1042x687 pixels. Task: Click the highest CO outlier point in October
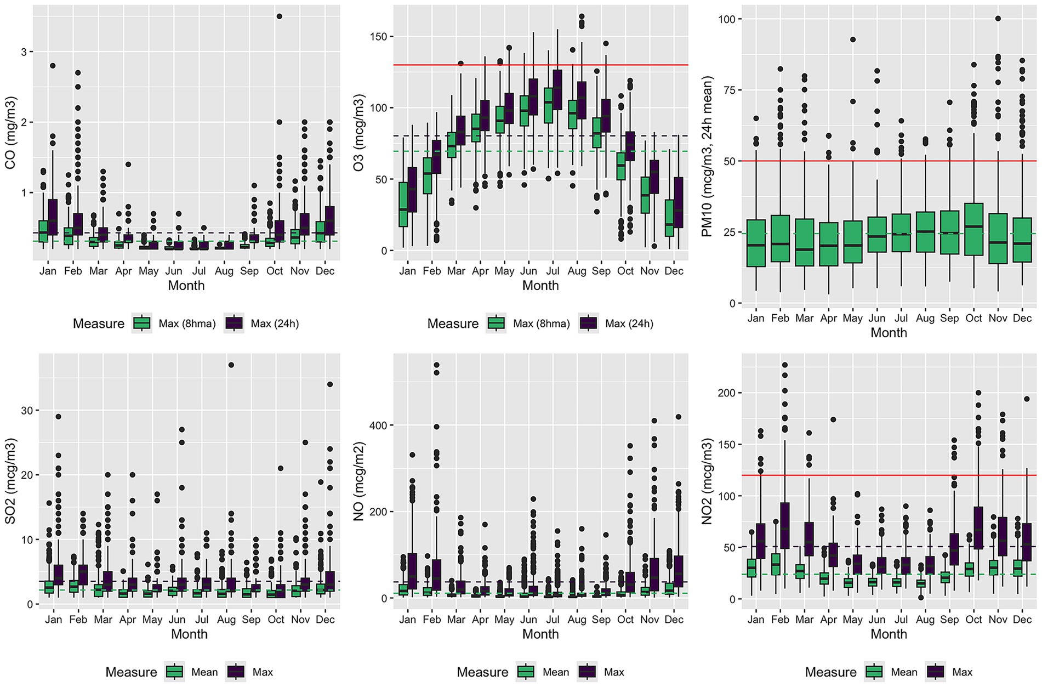coord(280,16)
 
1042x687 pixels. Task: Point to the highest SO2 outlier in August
coord(231,365)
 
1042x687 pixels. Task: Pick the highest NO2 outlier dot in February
coord(785,365)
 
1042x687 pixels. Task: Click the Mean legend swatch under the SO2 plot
coord(175,672)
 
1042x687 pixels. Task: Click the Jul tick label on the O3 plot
coord(553,271)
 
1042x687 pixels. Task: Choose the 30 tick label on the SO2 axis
coord(26,411)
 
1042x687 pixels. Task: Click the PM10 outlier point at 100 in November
coord(998,19)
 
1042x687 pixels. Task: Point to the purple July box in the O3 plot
coord(557,89)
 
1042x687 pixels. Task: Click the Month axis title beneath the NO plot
coord(540,634)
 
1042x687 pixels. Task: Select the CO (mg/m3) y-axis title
coord(10,133)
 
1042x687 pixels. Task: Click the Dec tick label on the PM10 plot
coord(1022,318)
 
